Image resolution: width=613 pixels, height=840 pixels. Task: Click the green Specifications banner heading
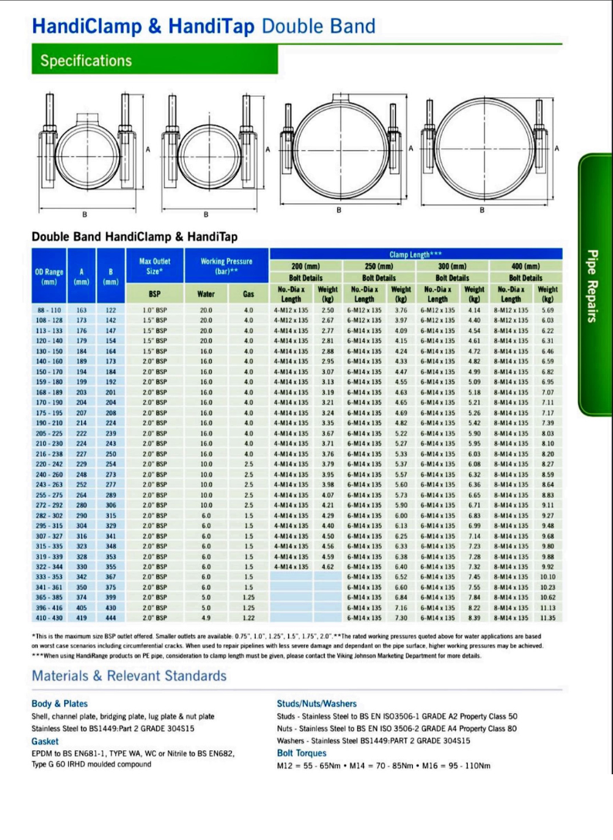tap(87, 60)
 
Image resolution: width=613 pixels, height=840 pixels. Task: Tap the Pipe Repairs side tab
tap(595, 286)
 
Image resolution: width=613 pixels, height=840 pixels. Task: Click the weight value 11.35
tap(548, 618)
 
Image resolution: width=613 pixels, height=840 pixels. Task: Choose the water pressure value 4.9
tap(206, 618)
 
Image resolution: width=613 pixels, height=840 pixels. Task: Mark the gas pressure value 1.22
tap(248, 618)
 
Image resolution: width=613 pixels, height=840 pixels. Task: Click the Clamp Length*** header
tap(415, 254)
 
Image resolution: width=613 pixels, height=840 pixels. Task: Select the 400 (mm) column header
tap(526, 265)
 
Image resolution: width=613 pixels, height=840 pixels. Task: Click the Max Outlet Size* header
tap(155, 268)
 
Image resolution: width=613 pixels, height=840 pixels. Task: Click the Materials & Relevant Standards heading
tap(129, 676)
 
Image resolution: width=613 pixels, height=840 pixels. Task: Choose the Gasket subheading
tap(46, 740)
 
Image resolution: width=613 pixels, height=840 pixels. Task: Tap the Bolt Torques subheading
tap(301, 753)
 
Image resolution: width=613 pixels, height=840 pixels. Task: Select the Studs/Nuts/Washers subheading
tap(317, 704)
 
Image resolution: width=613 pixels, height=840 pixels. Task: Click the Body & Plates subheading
tap(60, 704)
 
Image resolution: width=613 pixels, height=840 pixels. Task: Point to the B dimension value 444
tap(111, 618)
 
